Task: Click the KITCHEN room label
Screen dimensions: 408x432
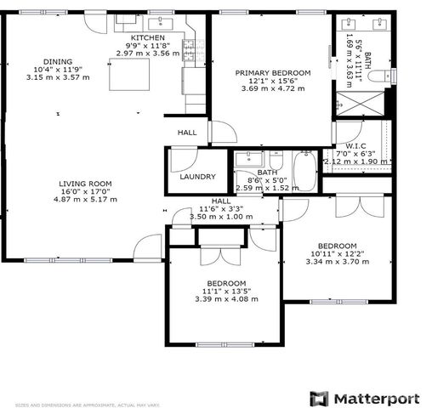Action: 148,38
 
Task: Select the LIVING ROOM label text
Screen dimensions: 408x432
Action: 85,184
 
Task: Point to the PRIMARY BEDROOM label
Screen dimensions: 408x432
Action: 273,73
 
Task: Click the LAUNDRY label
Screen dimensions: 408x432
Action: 197,177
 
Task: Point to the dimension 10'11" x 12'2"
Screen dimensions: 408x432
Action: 339,253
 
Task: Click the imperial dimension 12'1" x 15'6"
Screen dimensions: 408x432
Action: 273,81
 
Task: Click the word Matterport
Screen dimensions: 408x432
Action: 374,398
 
